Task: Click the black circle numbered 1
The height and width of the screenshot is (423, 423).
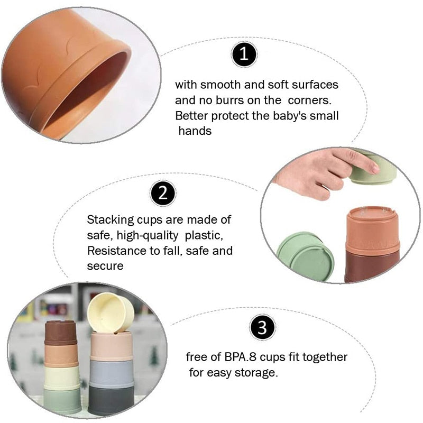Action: (x=244, y=54)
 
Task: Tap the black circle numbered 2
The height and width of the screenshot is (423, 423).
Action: (x=163, y=193)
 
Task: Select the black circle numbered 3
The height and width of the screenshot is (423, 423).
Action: (x=262, y=327)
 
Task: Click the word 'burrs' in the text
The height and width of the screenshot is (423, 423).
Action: (x=230, y=100)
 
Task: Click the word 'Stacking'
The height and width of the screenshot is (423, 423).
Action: (x=111, y=220)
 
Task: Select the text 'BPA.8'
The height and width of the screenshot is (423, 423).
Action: (x=240, y=357)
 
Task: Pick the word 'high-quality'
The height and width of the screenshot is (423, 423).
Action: (x=148, y=235)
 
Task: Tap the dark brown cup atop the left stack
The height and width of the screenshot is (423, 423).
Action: (x=61, y=333)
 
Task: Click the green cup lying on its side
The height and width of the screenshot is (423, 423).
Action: (x=306, y=257)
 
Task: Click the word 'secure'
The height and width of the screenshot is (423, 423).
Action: (x=105, y=266)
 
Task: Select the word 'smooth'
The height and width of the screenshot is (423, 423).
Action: (x=220, y=85)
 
